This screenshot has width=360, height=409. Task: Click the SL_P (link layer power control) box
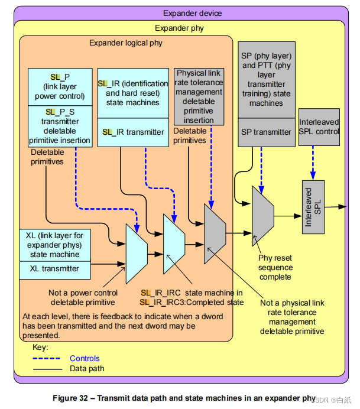pos(60,86)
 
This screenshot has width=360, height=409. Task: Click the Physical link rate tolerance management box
pos(199,96)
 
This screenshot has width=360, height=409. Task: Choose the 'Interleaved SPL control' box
pos(319,126)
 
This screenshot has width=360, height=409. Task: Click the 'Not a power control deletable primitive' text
pos(83,297)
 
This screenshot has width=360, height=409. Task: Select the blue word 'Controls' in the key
pos(85,358)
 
